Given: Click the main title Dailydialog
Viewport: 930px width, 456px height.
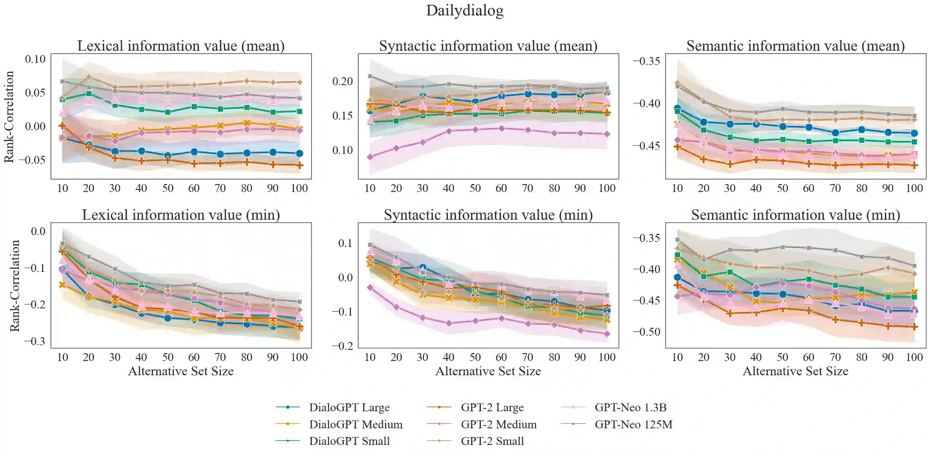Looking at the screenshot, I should point(465,11).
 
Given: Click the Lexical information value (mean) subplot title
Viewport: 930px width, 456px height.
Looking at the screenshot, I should point(181,46).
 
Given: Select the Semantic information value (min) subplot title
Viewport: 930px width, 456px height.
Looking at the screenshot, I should point(795,215).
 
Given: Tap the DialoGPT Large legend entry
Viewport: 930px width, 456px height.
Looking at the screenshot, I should point(349,407).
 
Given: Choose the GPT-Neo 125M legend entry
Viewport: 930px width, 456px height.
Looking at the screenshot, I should point(633,424).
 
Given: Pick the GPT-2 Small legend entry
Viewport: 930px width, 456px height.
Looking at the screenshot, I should point(492,441).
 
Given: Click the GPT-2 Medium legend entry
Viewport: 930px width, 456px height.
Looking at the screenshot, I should point(498,424).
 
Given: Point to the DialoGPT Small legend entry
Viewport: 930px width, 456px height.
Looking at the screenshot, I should point(349,441).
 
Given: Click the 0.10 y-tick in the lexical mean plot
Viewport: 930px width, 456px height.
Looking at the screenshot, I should point(35,59).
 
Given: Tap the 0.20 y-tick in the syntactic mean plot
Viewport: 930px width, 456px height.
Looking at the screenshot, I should point(342,82).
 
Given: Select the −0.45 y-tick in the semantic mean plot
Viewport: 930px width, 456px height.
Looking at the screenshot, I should point(646,146).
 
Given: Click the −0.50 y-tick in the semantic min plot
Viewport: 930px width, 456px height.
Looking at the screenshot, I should point(646,332).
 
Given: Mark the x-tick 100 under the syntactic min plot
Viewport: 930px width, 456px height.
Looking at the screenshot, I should point(607,357).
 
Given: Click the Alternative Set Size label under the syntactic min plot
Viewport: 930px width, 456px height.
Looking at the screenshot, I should point(488,371).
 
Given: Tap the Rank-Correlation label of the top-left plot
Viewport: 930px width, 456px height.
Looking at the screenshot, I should point(9,117).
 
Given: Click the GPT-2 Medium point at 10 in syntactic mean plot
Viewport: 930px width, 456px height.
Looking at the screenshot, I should point(370,157).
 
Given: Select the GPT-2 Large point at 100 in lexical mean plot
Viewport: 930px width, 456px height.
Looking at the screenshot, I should point(300,165).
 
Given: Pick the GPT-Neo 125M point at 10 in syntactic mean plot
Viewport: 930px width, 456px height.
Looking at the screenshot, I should point(370,76).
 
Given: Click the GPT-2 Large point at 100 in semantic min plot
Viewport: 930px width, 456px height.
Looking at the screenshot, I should point(914,327).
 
